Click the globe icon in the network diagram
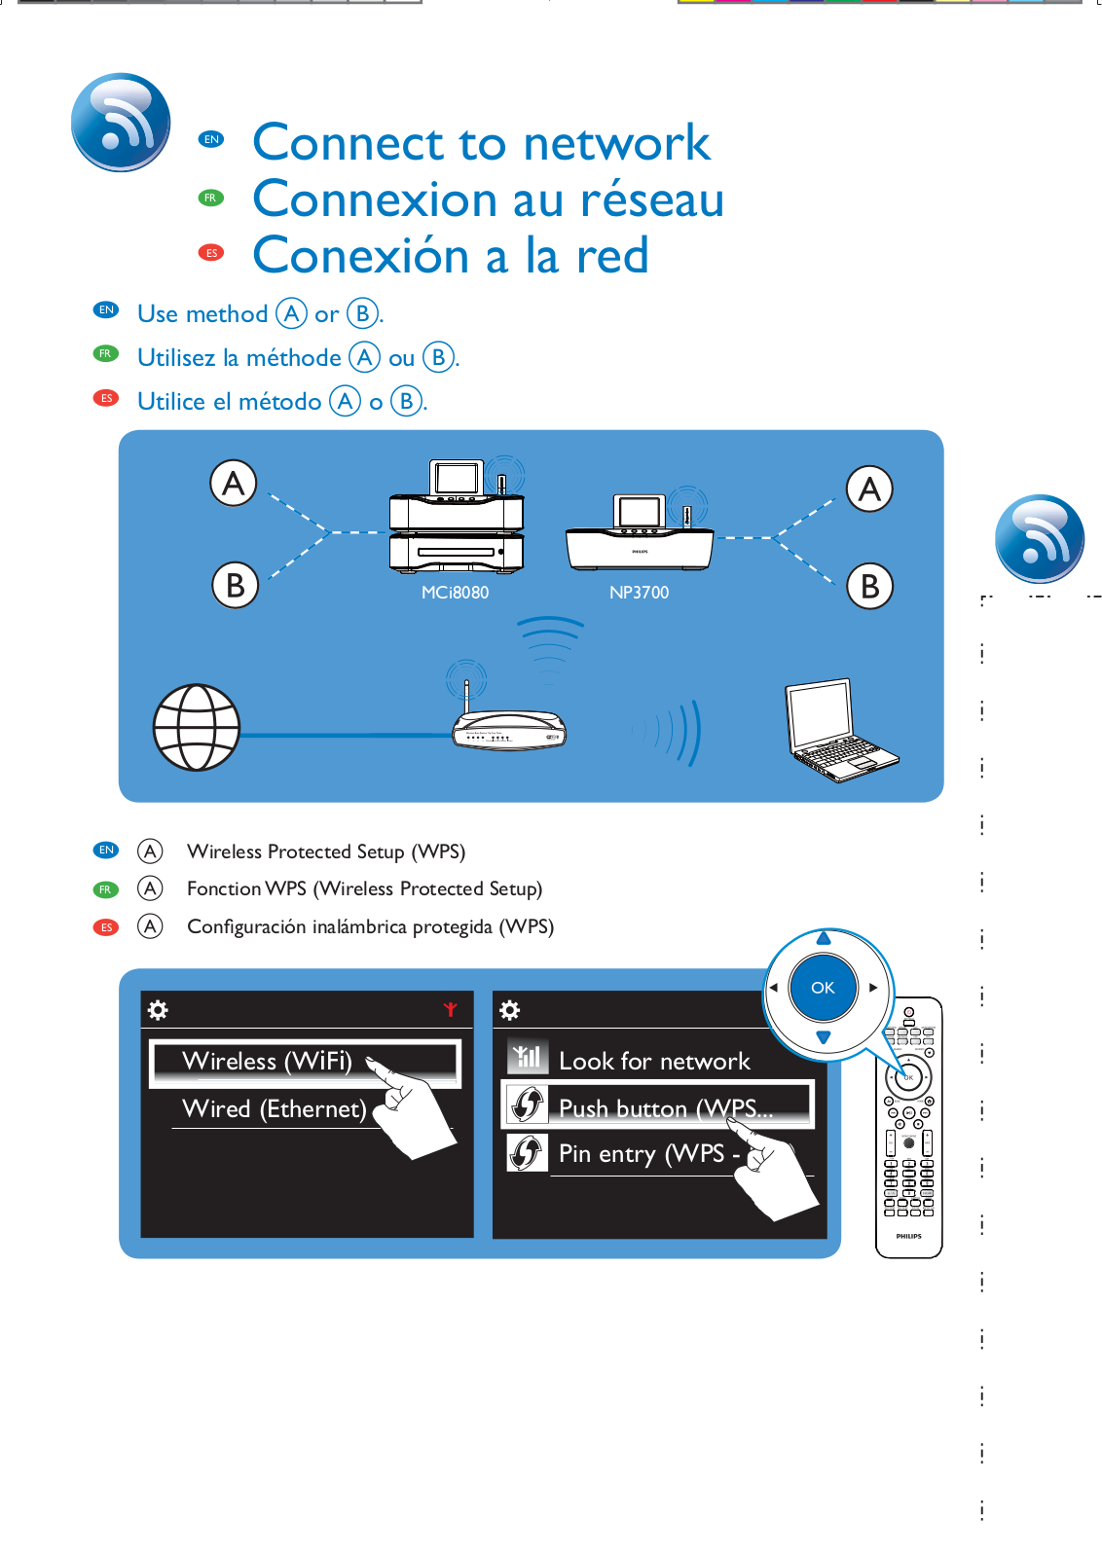click(x=197, y=727)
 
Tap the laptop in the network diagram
click(x=840, y=730)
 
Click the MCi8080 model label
click(x=455, y=593)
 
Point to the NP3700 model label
click(x=639, y=593)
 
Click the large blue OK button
click(x=823, y=987)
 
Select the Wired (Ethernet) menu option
click(x=274, y=1108)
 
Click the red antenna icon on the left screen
click(x=451, y=1008)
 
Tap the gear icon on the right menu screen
click(x=510, y=1009)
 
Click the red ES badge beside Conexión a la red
click(x=211, y=253)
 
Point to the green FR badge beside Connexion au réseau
click(x=210, y=198)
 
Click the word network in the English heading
click(x=616, y=142)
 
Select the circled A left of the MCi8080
click(x=234, y=483)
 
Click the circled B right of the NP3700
click(x=869, y=586)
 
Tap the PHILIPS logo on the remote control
click(x=908, y=1236)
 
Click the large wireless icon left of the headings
click(x=121, y=122)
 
